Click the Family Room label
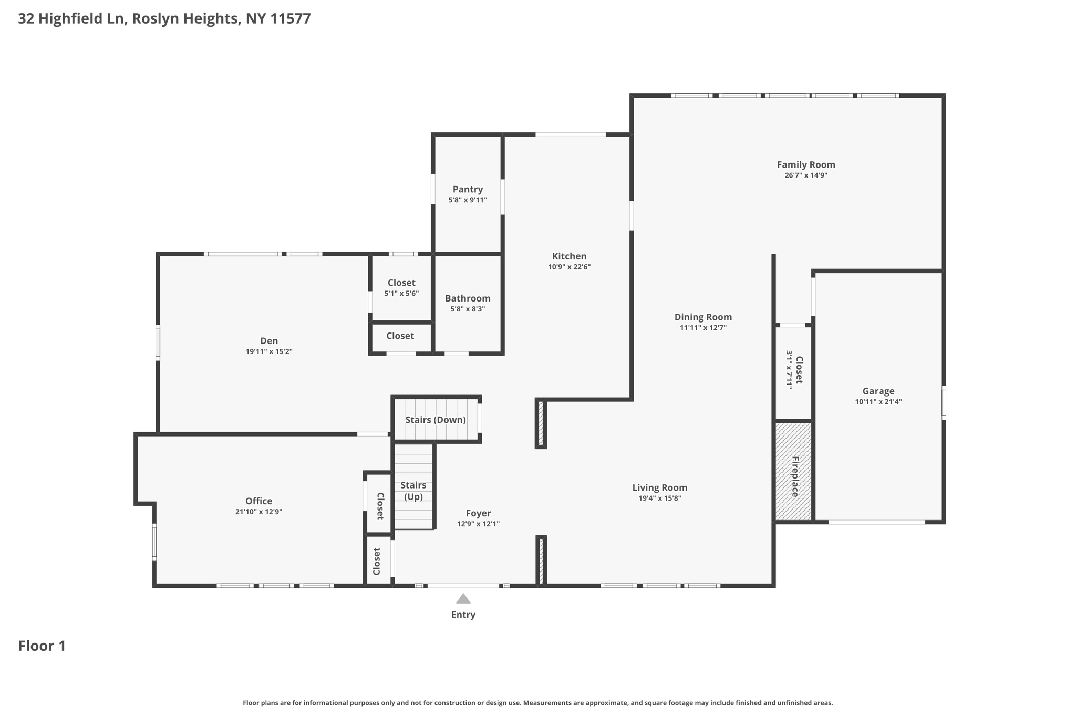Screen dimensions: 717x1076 (805, 164)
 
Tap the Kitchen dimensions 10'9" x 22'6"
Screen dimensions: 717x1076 (569, 267)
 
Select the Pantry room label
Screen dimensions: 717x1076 (468, 189)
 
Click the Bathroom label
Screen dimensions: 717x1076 (468, 298)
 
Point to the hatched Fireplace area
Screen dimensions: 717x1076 (794, 471)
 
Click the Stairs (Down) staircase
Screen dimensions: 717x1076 (436, 420)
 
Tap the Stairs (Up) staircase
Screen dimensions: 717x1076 (413, 491)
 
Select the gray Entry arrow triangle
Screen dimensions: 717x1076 (463, 599)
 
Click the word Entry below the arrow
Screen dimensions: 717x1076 (463, 615)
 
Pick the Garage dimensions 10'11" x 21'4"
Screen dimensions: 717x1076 (878, 402)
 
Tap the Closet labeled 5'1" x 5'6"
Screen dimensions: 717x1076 (401, 288)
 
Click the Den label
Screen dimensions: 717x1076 (268, 341)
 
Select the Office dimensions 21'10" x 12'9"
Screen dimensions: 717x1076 (258, 512)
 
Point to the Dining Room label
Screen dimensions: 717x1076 (703, 317)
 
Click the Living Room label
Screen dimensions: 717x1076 (659, 487)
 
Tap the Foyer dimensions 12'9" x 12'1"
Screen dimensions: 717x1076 (478, 524)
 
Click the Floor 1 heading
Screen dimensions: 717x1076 (42, 646)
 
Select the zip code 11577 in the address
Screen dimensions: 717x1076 (290, 18)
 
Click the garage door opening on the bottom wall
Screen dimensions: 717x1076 (876, 522)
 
